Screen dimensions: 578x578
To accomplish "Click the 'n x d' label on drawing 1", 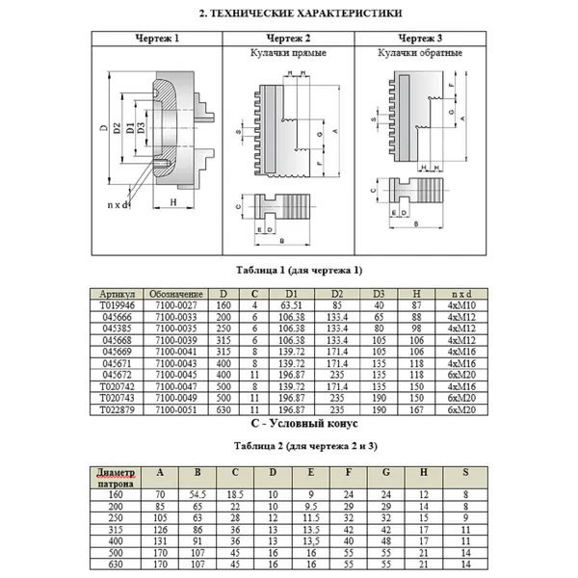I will coord(119,205).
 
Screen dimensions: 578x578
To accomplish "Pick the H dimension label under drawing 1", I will coord(171,202).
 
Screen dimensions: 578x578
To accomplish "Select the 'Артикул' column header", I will coord(116,293).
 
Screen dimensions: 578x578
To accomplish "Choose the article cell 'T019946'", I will coord(116,303).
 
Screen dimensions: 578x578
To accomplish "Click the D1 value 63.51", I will coord(290,303).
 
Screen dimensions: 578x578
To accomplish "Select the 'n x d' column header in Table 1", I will coord(461,293).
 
